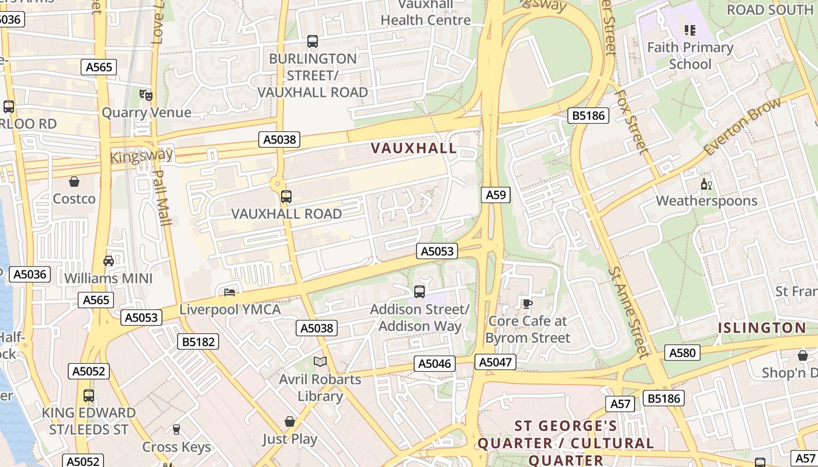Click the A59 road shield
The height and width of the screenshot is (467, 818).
[495, 195]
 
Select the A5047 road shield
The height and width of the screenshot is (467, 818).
[495, 362]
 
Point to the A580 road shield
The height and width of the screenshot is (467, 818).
[682, 353]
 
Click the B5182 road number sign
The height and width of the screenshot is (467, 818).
[198, 341]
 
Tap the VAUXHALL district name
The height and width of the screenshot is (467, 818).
[414, 148]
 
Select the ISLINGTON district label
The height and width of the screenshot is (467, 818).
[762, 327]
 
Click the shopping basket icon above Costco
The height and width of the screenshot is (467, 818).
[74, 182]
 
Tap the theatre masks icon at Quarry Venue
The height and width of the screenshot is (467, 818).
[145, 95]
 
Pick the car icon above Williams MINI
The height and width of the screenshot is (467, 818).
[109, 261]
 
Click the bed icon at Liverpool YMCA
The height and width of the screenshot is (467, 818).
[230, 292]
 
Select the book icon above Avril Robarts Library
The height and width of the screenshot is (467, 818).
[320, 362]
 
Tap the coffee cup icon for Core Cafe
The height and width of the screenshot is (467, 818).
[527, 303]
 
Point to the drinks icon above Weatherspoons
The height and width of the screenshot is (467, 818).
[706, 184]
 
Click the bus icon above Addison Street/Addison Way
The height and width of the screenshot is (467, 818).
[419, 291]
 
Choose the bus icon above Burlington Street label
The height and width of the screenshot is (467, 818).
[313, 41]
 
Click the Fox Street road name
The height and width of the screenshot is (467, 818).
[632, 121]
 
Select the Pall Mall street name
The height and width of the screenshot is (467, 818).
[162, 197]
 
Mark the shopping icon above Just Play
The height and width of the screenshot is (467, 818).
[290, 421]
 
